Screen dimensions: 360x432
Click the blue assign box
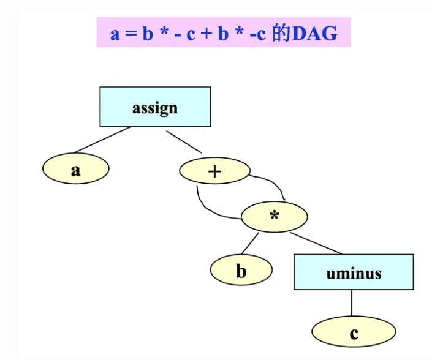click(x=155, y=107)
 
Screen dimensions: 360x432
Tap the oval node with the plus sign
click(x=214, y=171)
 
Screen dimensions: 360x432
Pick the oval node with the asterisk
click(x=275, y=217)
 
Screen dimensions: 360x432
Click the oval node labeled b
click(x=241, y=270)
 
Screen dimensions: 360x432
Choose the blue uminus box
click(x=354, y=272)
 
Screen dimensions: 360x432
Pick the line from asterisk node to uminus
click(x=316, y=243)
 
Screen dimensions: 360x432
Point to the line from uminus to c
click(x=352, y=303)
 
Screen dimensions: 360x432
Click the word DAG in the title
click(x=315, y=33)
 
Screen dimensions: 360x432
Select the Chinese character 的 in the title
click(x=281, y=33)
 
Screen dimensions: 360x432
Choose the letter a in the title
click(x=115, y=34)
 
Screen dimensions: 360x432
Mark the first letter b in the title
click(x=148, y=34)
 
